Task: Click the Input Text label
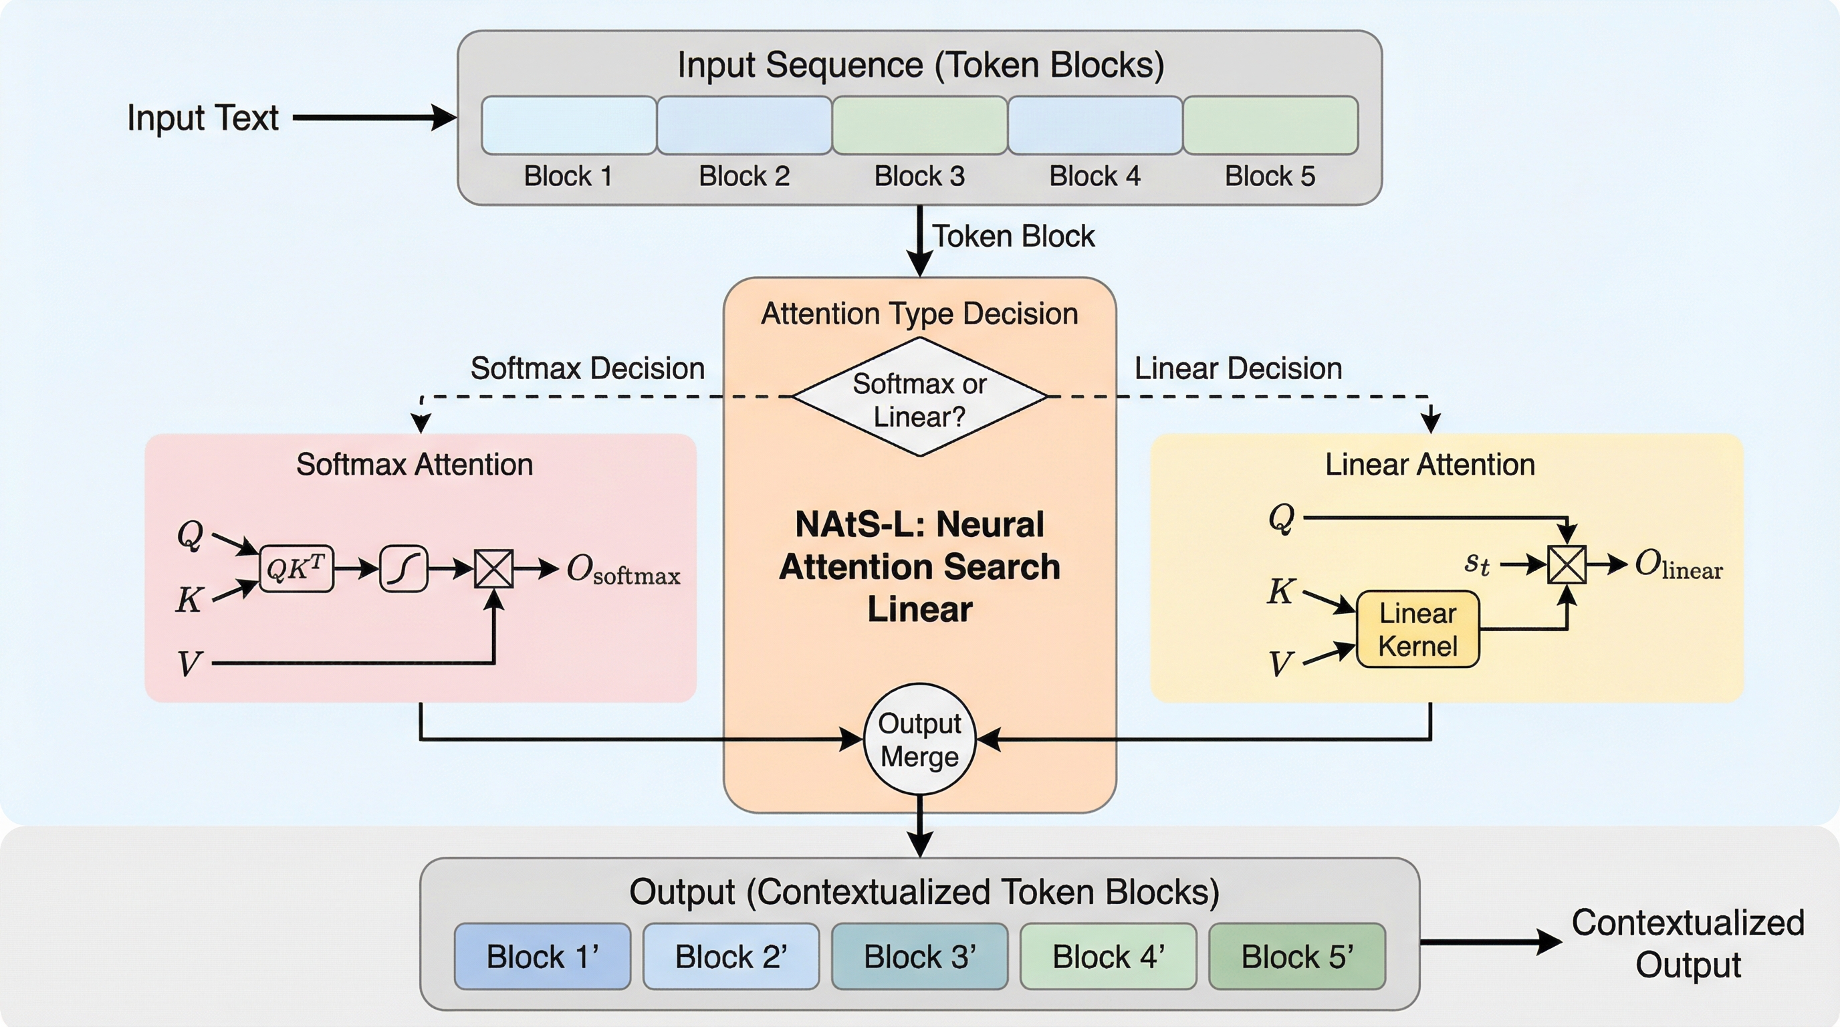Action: pyautogui.click(x=202, y=118)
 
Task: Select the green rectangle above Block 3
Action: pyautogui.click(x=919, y=125)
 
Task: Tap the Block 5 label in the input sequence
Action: pyautogui.click(x=1270, y=176)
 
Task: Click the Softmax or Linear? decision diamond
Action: pyautogui.click(x=919, y=397)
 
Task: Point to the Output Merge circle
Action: pyautogui.click(x=919, y=740)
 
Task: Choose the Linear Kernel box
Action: pyautogui.click(x=1417, y=629)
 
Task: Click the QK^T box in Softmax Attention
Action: pyautogui.click(x=296, y=568)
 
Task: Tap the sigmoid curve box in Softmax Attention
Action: pyautogui.click(x=404, y=568)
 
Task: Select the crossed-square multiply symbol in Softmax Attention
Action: pyautogui.click(x=493, y=568)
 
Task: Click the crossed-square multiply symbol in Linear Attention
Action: pyautogui.click(x=1567, y=565)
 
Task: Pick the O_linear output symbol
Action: pyautogui.click(x=1678, y=566)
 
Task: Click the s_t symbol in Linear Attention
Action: pyautogui.click(x=1476, y=564)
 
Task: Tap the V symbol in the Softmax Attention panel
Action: pyautogui.click(x=189, y=663)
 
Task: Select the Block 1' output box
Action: pyautogui.click(x=542, y=956)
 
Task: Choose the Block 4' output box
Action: pyautogui.click(x=1108, y=956)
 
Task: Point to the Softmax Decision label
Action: pyautogui.click(x=587, y=368)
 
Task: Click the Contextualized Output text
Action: pyautogui.click(x=1687, y=943)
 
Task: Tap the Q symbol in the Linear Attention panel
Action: pyautogui.click(x=1282, y=517)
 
